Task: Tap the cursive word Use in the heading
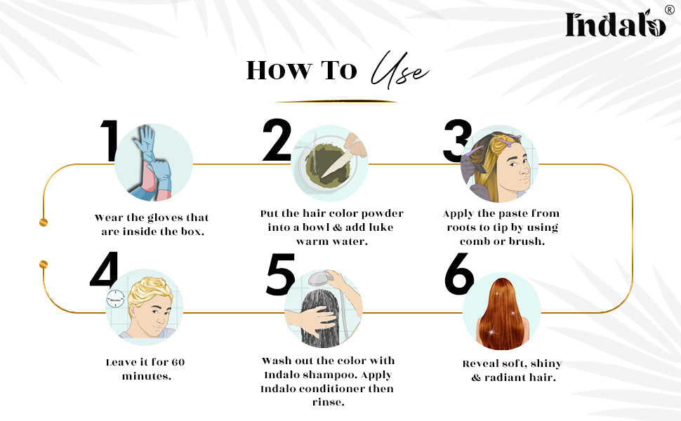click(399, 70)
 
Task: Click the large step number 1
click(110, 140)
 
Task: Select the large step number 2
click(277, 140)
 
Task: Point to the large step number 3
click(457, 140)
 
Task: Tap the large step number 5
click(280, 274)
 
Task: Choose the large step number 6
click(459, 274)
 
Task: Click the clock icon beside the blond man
click(116, 299)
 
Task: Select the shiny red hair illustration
click(502, 314)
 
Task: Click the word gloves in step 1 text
click(165, 218)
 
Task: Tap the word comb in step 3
click(475, 241)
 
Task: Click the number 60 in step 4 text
click(178, 362)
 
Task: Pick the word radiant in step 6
click(506, 377)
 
